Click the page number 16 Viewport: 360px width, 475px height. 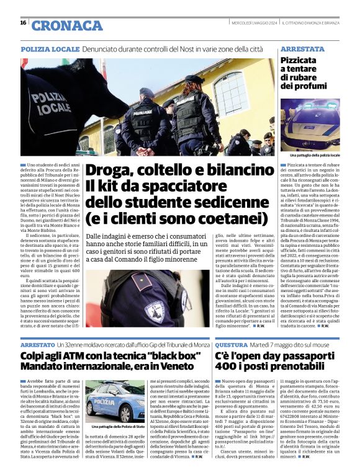pyautogui.click(x=23, y=22)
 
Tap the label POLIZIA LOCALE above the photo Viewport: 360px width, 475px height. pyautogui.click(x=50, y=48)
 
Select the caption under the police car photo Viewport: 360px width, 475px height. pyautogui.click(x=315, y=155)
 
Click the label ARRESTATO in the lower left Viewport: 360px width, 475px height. pyautogui.click(x=37, y=344)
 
